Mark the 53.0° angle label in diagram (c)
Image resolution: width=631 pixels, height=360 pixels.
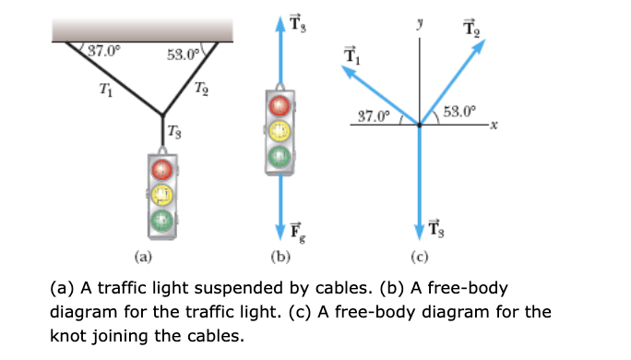pos(460,112)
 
